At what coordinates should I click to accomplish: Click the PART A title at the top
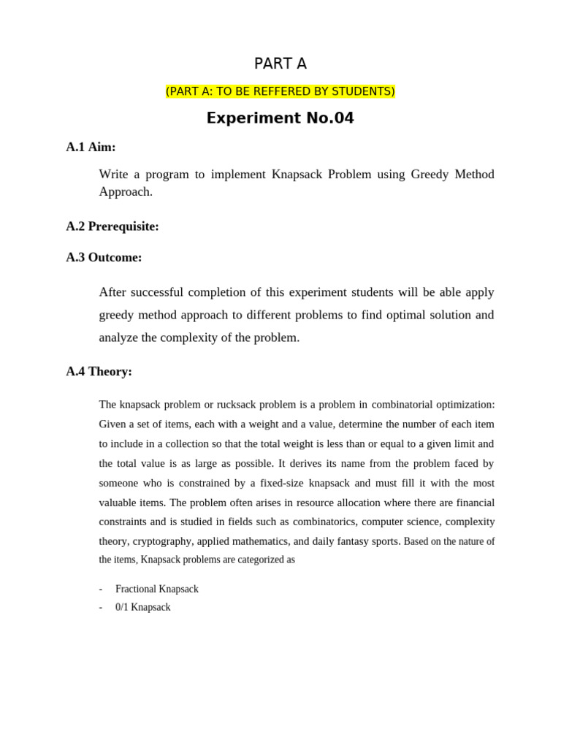(x=280, y=64)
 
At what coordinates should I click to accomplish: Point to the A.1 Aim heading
(x=91, y=147)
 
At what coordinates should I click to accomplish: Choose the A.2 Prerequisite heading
(x=112, y=226)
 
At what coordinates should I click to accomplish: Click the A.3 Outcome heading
(x=104, y=257)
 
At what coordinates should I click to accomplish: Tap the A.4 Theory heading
(x=99, y=371)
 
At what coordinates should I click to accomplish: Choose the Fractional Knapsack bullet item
(x=156, y=589)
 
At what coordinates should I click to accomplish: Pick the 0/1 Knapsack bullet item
(x=142, y=607)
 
